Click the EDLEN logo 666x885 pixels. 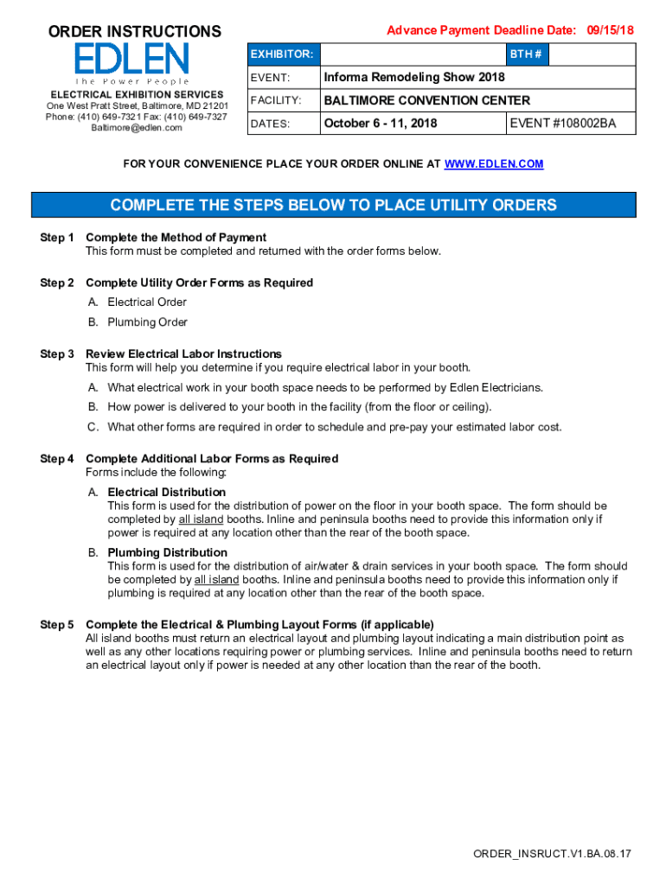coord(131,63)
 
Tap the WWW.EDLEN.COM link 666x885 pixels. coord(493,163)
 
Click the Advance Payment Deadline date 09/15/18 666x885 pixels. coord(610,30)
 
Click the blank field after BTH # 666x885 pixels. coord(592,54)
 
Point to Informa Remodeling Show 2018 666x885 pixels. coord(413,78)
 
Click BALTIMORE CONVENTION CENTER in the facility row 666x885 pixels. coord(426,100)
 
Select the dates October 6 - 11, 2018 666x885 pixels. coord(380,124)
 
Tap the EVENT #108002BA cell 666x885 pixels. coord(562,124)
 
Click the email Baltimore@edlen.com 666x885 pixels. coord(137,128)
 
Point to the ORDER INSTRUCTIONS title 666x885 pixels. coord(134,32)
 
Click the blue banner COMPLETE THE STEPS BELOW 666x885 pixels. coord(333,205)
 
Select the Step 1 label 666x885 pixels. coord(57,237)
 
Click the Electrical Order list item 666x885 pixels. coord(146,302)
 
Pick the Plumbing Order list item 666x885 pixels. coord(147,322)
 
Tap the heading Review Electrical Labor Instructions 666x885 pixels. coord(183,353)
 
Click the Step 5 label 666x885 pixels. coord(57,624)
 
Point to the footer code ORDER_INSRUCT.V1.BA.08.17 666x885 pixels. coord(552,854)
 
